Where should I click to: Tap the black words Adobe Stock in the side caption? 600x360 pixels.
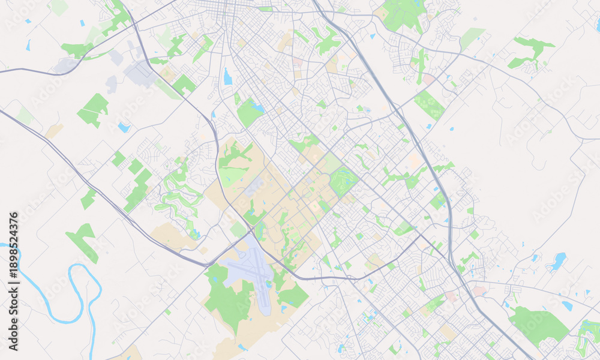point(13,322)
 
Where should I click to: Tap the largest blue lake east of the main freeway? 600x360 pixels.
point(559,260)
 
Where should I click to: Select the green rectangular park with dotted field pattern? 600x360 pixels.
point(430,104)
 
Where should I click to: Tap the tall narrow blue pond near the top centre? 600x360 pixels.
point(227,77)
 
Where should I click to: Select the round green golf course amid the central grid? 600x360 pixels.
point(344,181)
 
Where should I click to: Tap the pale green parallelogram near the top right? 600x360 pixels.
point(472,38)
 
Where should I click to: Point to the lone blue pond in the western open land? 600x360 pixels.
point(124,127)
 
